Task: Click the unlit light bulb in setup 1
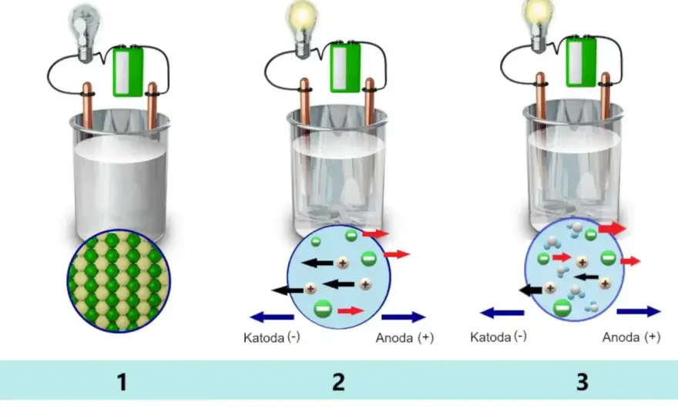(86, 33)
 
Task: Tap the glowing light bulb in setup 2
(302, 29)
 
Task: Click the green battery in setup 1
(128, 72)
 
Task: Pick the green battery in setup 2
(345, 68)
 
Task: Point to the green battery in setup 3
(581, 62)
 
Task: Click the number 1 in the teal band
(122, 382)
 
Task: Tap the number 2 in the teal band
(338, 382)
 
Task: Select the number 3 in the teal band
(582, 382)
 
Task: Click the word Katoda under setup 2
(263, 337)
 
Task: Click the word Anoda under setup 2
(394, 337)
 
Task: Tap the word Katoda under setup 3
(490, 337)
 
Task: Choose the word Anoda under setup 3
(621, 337)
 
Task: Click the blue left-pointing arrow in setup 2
(272, 317)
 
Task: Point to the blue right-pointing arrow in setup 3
(639, 311)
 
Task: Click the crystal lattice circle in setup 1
(119, 281)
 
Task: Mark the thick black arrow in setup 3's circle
(531, 290)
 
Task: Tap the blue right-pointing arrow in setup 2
(404, 317)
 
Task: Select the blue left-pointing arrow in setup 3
(502, 312)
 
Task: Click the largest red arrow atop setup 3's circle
(613, 228)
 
